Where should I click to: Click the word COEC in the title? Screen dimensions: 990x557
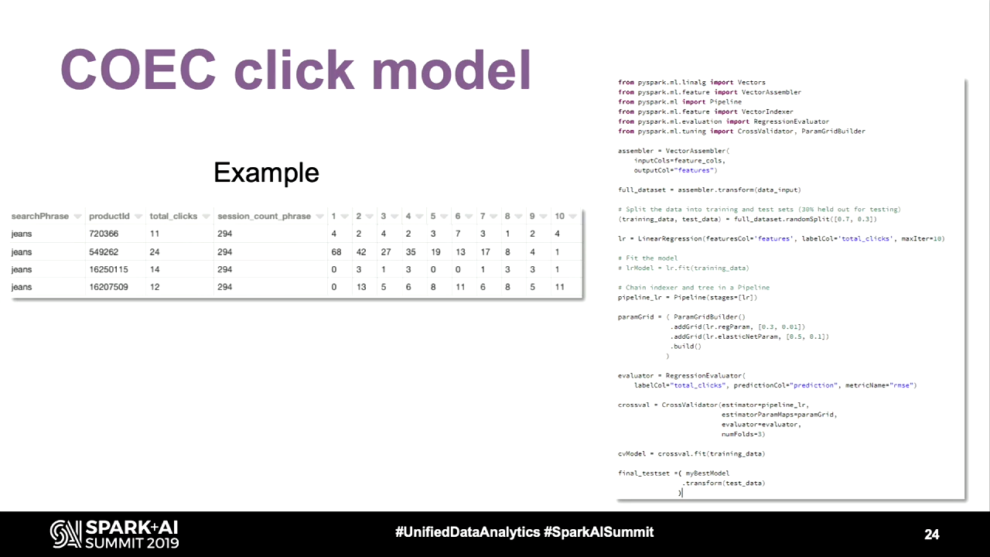point(138,70)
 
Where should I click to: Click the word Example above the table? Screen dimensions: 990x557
point(266,173)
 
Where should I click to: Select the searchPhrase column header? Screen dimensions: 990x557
point(40,216)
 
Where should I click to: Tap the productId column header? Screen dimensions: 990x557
point(109,216)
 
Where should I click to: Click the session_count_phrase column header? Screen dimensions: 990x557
point(265,216)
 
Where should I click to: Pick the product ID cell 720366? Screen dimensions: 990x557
point(104,234)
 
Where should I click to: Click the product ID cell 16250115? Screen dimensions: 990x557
point(108,269)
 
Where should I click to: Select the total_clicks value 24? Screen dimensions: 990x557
point(154,252)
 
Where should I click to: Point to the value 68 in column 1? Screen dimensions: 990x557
point(336,252)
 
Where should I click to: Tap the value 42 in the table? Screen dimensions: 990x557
point(361,252)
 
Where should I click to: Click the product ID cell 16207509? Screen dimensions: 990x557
point(108,287)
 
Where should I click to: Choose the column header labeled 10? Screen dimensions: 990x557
point(559,216)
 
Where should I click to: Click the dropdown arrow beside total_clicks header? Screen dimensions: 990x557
point(206,217)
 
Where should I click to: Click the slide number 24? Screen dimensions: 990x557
point(932,535)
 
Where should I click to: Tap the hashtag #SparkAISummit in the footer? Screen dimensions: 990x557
point(599,531)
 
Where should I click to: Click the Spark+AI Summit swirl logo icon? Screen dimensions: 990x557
point(66,534)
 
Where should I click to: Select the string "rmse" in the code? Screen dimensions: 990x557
point(902,385)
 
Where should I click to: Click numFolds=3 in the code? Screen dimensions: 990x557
point(743,434)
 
